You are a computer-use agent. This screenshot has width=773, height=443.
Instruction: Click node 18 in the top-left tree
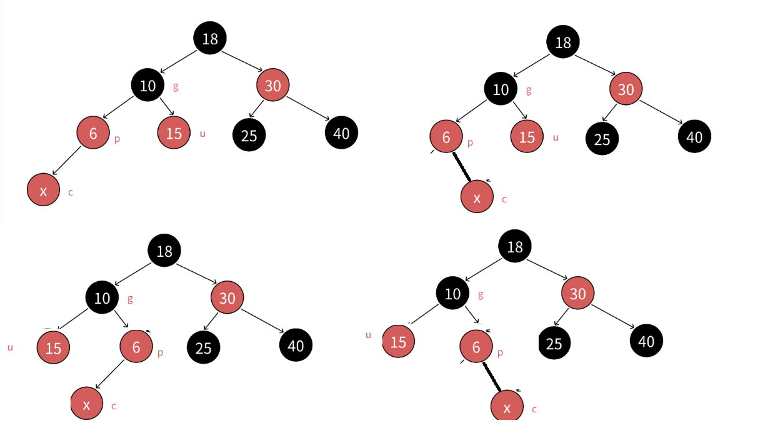(x=210, y=38)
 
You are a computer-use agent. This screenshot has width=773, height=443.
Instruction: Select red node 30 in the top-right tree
(x=626, y=89)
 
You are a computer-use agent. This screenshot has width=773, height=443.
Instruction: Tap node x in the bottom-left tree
(x=86, y=404)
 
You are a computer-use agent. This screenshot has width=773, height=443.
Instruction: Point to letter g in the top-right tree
(x=529, y=89)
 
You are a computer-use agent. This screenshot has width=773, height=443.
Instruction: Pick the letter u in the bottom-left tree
(x=10, y=347)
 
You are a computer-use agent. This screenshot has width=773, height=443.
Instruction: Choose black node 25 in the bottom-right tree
(x=554, y=343)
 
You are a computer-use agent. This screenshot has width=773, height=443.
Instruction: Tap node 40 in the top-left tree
(x=341, y=132)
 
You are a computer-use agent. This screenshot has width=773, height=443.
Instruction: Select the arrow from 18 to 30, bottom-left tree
(x=196, y=274)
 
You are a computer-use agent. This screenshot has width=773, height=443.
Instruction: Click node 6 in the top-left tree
(x=93, y=132)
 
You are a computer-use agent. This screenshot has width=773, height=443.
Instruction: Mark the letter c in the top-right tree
(x=504, y=199)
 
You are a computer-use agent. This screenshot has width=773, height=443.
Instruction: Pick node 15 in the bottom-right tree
(x=398, y=341)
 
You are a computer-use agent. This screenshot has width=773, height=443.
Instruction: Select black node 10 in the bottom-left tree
(x=102, y=298)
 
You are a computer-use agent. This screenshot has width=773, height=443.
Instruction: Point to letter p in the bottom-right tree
(x=500, y=352)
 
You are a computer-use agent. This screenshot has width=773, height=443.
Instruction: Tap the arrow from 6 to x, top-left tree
(x=67, y=161)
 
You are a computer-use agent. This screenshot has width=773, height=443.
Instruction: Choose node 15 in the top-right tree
(x=527, y=137)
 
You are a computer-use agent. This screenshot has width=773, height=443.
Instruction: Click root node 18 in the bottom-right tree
(x=514, y=246)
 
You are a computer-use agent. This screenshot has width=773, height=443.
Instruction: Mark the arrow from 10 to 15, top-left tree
(x=166, y=106)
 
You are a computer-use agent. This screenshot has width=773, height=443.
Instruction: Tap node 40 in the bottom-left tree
(x=296, y=345)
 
